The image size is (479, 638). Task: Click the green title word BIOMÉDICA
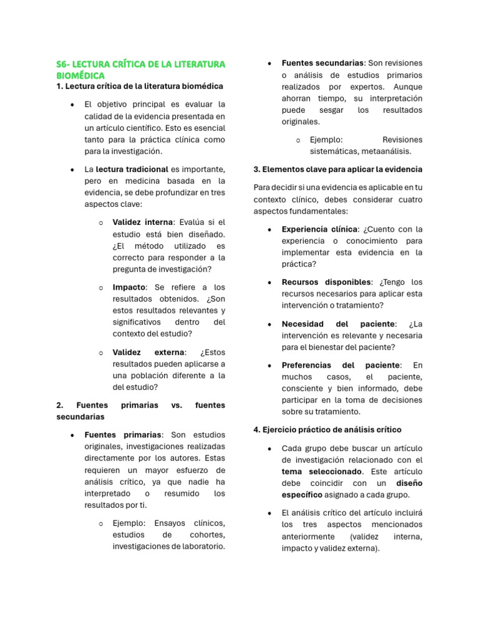tap(80, 75)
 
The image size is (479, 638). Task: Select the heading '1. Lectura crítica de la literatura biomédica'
tap(140, 86)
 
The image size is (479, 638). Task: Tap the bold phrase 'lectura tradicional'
tap(132, 169)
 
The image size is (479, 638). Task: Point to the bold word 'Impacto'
tap(128, 287)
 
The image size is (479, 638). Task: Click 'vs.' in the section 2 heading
tap(177, 405)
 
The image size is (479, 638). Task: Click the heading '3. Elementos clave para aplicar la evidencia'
tap(338, 169)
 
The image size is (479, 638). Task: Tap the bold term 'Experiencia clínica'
tap(320, 229)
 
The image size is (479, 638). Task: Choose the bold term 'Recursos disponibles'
tap(326, 282)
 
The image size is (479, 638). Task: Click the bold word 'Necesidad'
tap(302, 324)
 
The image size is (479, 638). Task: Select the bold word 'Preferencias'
tap(307, 365)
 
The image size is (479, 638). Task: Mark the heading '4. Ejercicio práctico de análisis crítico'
tap(327, 430)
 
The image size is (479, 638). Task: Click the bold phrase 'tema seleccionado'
tap(321, 472)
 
